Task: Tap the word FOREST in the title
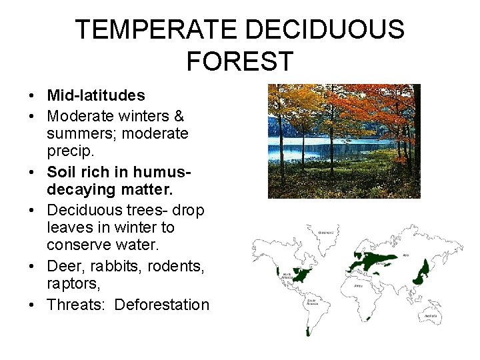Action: [x=239, y=61]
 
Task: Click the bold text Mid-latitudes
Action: [x=95, y=96]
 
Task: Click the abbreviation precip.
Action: [x=67, y=153]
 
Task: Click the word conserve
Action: [x=79, y=247]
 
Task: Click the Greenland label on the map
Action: [x=326, y=233]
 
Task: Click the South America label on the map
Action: [x=312, y=301]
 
